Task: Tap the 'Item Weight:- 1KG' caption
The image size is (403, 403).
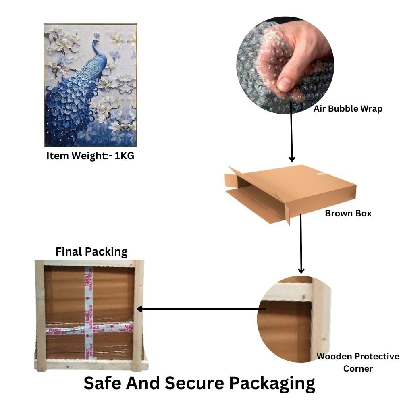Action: coord(90,156)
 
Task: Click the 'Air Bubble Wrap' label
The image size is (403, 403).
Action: coord(348,109)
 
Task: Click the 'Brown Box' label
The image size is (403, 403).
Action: coord(348,213)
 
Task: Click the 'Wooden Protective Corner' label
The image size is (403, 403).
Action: coord(357,362)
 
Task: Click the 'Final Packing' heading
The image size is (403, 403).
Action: coord(91,252)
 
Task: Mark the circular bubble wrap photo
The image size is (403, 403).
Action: coord(285,64)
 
